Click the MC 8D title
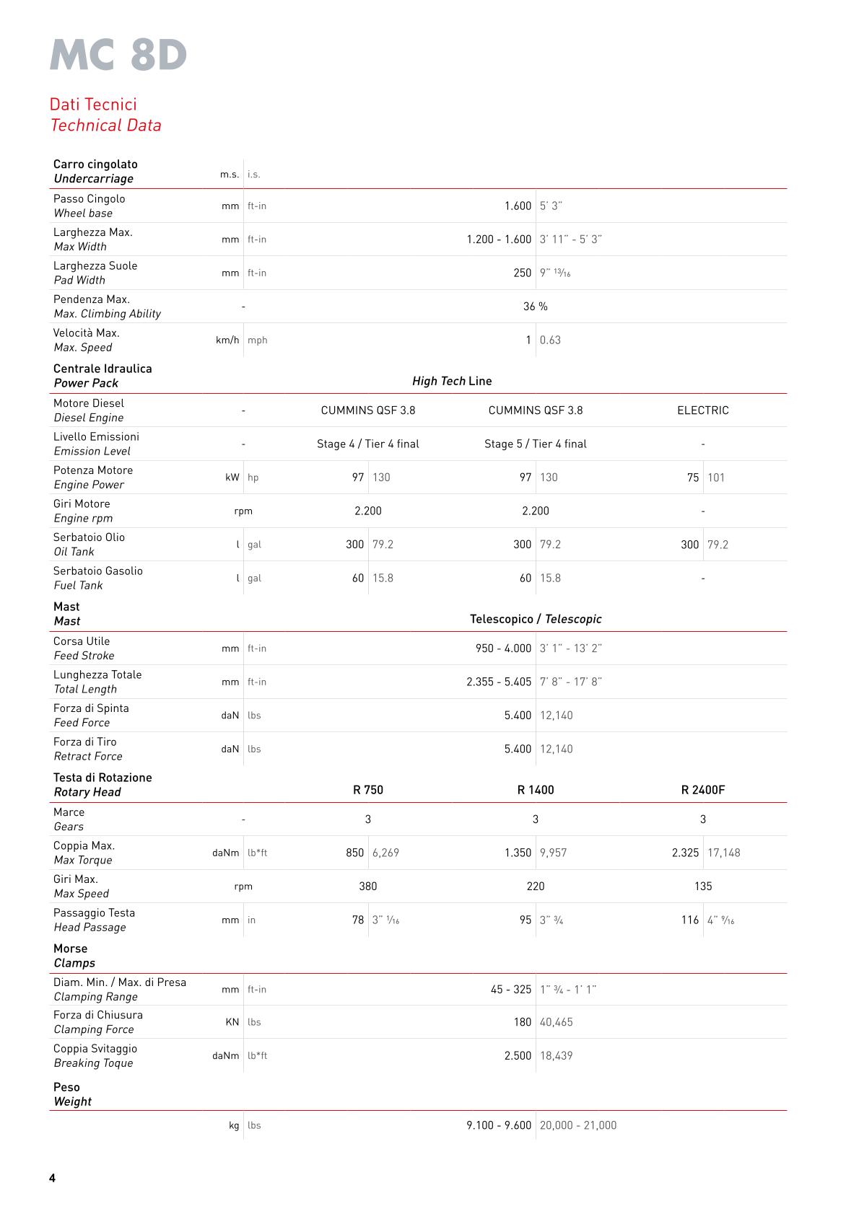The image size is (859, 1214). tap(118, 55)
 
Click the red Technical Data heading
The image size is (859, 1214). tap(106, 126)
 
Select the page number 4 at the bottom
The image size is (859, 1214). tap(52, 1178)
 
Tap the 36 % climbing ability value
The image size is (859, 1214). tap(535, 307)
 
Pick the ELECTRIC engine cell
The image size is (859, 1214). tap(702, 410)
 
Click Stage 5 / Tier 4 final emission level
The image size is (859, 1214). tap(535, 444)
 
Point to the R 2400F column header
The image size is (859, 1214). tap(702, 790)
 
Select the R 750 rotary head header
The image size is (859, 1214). tap(367, 790)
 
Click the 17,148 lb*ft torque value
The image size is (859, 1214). tap(723, 853)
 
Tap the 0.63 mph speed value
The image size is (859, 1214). tap(550, 340)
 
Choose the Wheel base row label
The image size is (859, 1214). tap(83, 214)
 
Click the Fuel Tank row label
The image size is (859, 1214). tap(78, 586)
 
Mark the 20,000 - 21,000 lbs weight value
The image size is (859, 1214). tap(577, 1125)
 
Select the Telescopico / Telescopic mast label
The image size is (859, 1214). tap(535, 619)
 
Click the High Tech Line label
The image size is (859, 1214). tap(452, 381)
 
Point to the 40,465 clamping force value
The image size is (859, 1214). tap(556, 1022)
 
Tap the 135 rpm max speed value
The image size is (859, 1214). tap(702, 887)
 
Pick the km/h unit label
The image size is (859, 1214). tap(227, 340)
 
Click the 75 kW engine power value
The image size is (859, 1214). tap(692, 478)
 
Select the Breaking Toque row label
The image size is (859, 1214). tap(93, 1063)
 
